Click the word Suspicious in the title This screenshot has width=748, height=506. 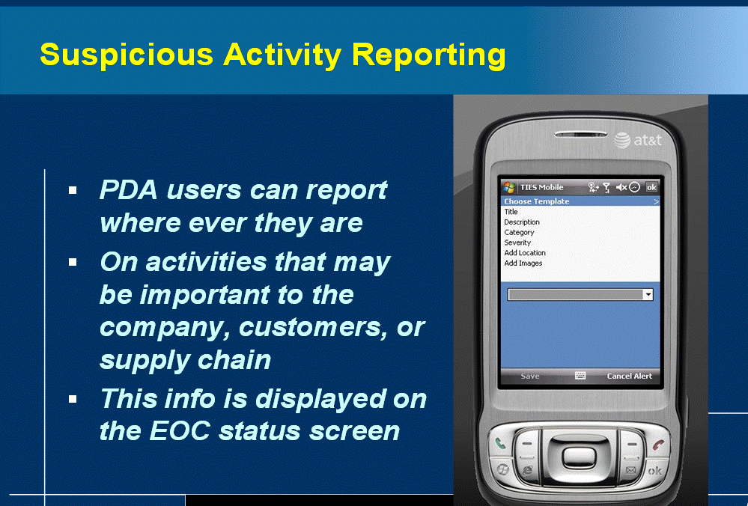click(127, 55)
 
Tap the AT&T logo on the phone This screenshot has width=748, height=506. click(637, 140)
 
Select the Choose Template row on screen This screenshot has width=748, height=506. click(580, 201)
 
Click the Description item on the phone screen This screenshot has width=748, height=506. click(522, 222)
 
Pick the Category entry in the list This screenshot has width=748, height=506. click(519, 232)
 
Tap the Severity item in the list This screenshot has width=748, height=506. click(517, 243)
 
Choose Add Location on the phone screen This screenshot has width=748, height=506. click(525, 253)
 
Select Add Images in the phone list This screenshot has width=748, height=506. click(523, 263)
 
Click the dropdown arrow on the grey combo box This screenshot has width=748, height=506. click(648, 294)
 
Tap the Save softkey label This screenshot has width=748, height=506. click(530, 377)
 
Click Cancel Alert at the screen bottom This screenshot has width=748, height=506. click(629, 377)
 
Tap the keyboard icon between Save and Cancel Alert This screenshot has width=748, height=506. click(580, 376)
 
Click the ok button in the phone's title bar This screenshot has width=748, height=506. click(651, 187)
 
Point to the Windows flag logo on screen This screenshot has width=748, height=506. click(509, 187)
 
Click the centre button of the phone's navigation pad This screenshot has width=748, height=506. click(579, 457)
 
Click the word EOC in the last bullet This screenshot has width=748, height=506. click(180, 431)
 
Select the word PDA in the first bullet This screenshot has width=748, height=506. click(128, 190)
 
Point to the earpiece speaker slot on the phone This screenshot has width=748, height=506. click(580, 135)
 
